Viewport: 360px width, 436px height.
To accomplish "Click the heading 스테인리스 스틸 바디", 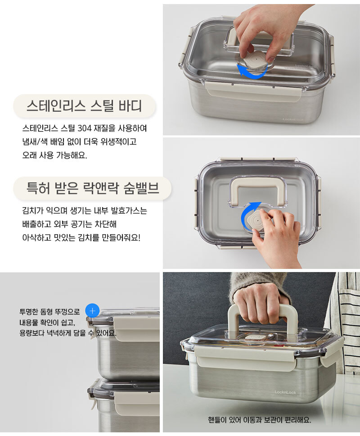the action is tap(84, 106).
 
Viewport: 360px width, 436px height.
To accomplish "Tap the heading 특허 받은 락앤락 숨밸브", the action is tap(93, 188).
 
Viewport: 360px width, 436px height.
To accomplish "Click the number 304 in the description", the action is tap(84, 128).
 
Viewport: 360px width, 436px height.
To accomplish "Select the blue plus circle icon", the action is tap(93, 311).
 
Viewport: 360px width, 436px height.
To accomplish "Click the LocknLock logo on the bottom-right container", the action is tap(285, 392).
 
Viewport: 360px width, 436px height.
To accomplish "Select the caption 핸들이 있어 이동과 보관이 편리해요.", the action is tap(260, 420).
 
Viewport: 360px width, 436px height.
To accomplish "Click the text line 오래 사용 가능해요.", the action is tap(55, 155).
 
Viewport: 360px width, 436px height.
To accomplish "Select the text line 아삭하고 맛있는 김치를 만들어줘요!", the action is tap(81, 238).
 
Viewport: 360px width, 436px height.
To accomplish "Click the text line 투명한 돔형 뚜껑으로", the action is tap(49, 312).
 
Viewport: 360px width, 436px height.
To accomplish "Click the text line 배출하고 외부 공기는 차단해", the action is tap(69, 224).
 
